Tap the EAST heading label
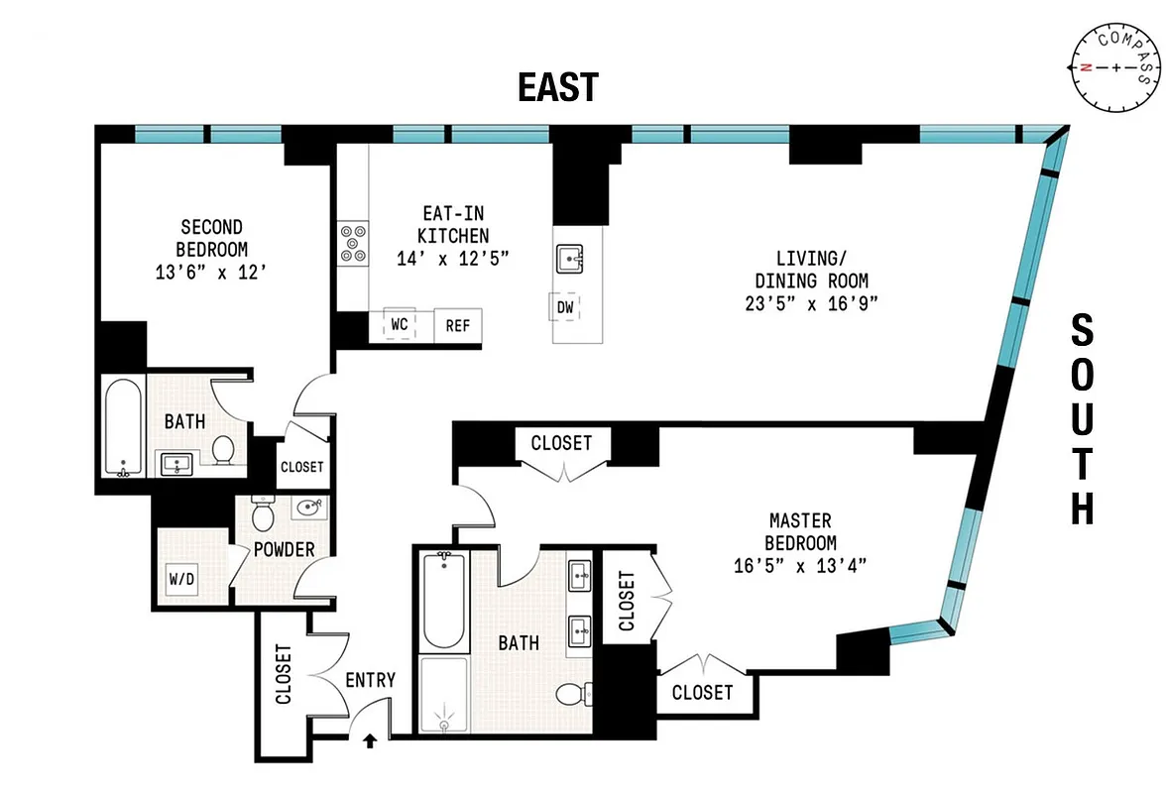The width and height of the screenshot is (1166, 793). (558, 87)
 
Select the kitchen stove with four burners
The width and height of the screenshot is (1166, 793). (352, 242)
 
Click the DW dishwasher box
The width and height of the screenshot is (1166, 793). (564, 307)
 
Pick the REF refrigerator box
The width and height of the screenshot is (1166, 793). (457, 325)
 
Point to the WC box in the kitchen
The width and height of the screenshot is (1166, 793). (401, 324)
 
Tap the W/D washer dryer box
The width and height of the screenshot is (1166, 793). (181, 578)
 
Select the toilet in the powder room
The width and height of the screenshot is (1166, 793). (264, 515)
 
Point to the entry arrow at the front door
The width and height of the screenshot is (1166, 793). (372, 738)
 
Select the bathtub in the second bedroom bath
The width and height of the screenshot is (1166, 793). (123, 426)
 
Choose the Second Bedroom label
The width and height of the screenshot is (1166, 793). (211, 238)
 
